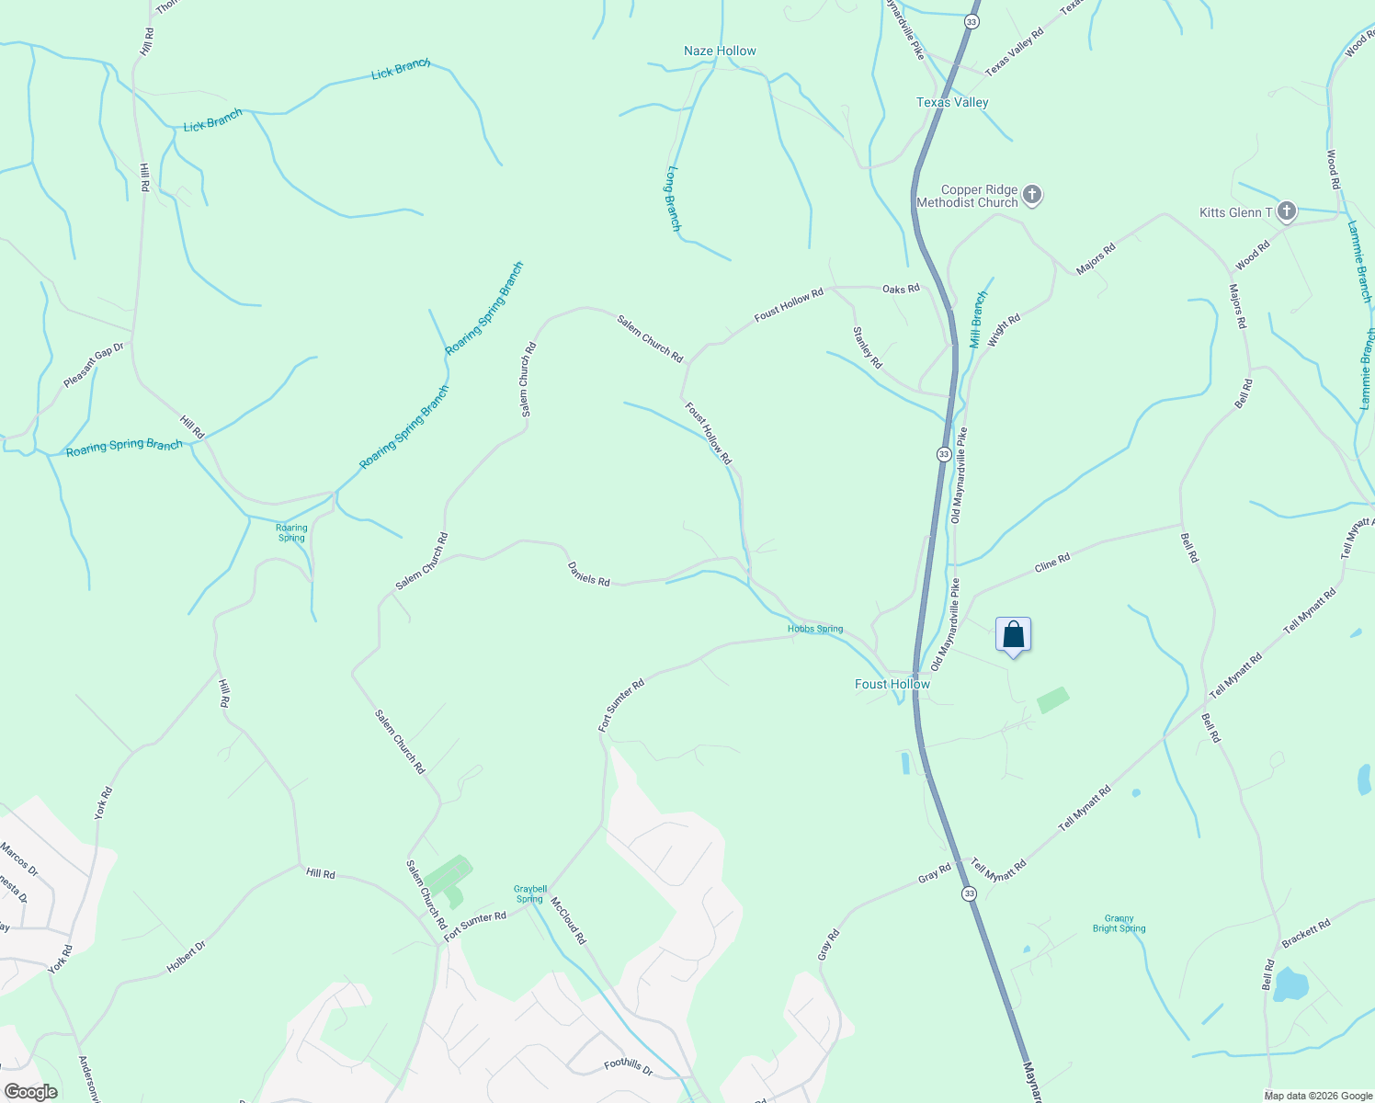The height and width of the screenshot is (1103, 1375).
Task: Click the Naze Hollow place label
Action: [x=720, y=51]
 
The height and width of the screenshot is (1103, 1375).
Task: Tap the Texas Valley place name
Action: [x=952, y=102]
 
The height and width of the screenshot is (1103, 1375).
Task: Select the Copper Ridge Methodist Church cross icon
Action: [x=1032, y=195]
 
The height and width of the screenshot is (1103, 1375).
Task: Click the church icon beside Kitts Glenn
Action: [x=1287, y=212]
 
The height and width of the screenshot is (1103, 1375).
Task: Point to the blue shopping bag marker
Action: [x=1013, y=635]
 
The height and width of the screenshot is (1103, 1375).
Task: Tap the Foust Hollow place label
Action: [x=892, y=684]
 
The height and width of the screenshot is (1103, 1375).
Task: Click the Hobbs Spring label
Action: [x=815, y=629]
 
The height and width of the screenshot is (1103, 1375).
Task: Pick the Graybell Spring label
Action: [x=530, y=893]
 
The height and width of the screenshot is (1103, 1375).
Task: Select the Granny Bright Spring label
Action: [x=1119, y=923]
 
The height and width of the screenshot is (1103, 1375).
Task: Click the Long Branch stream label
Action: [x=674, y=198]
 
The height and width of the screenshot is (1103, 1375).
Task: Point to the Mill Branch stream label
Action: [x=979, y=319]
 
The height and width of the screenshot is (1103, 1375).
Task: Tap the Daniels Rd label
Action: [x=589, y=574]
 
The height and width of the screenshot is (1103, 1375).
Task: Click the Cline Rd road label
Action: [x=1052, y=563]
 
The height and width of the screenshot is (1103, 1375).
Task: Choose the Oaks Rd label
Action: [x=901, y=289]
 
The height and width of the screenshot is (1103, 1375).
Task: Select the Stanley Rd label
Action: [x=867, y=347]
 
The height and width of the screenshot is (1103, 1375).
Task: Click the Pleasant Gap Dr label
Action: [x=93, y=365]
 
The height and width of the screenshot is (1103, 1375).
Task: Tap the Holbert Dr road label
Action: [x=186, y=957]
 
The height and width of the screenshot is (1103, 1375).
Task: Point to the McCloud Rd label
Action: [x=568, y=920]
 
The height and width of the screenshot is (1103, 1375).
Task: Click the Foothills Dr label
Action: [x=628, y=1067]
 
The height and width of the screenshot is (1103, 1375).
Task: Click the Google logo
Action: [x=31, y=1092]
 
